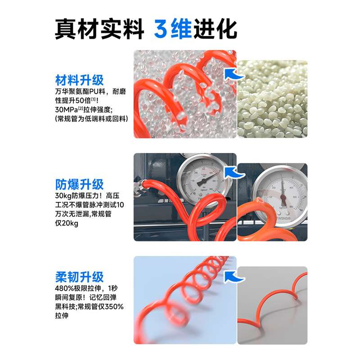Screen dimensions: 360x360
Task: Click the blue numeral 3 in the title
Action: pos(161,29)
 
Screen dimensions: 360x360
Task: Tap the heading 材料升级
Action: pos(80,80)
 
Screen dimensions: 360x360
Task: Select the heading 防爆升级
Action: pos(80,184)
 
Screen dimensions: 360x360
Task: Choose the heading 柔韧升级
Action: pos(80,277)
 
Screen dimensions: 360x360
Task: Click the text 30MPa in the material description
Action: pos(66,110)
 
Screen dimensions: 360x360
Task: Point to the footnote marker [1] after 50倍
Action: pos(94,99)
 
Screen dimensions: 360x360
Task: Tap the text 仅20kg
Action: pos(67,223)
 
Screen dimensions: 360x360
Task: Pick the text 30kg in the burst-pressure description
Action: pos(63,196)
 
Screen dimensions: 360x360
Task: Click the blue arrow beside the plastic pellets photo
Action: pos(234,74)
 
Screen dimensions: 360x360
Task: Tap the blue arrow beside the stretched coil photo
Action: pos(234,277)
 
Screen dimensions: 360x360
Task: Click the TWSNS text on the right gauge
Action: pos(283,218)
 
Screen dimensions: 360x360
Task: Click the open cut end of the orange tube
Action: pos(260,200)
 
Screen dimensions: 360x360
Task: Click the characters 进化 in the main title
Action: pos(216,29)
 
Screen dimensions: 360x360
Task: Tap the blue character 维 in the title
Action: pos(181,29)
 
